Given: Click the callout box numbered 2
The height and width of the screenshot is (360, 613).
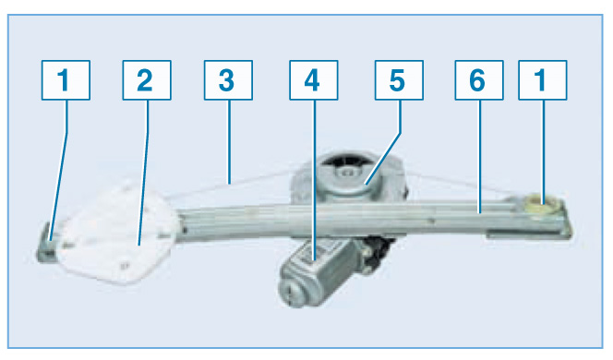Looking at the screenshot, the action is coord(147,80).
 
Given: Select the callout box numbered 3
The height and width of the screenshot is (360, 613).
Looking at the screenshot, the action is coord(228,80).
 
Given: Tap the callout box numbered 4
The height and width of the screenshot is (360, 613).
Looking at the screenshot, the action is coord(314,80).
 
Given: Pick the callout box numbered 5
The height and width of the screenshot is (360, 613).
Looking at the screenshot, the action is coord(399,80).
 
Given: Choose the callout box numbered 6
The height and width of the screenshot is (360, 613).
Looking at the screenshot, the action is coord(479,80).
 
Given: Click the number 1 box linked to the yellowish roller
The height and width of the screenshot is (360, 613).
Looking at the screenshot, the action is coord(543,80).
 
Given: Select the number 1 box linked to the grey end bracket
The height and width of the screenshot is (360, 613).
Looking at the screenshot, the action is coord(66,80).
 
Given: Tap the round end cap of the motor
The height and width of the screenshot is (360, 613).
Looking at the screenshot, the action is coord(291,291).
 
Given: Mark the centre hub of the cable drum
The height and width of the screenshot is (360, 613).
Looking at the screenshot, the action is coord(347,173).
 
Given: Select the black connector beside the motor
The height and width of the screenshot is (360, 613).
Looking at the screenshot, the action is coord(378,250).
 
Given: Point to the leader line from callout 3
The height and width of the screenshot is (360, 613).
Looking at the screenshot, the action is coord(229,141).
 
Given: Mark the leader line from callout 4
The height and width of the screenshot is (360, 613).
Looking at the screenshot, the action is coord(314,180).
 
